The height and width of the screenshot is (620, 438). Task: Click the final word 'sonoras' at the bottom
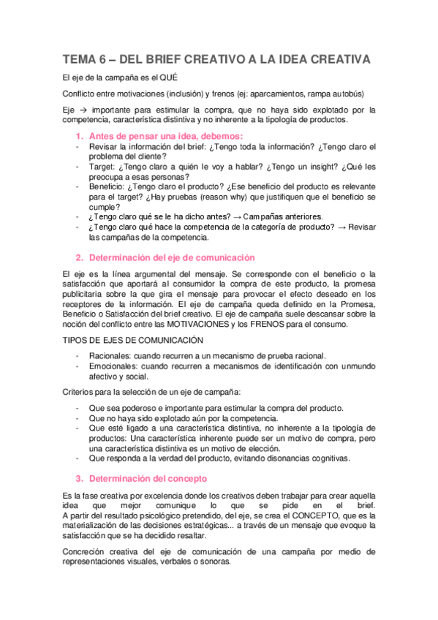pyautogui.click(x=214, y=562)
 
